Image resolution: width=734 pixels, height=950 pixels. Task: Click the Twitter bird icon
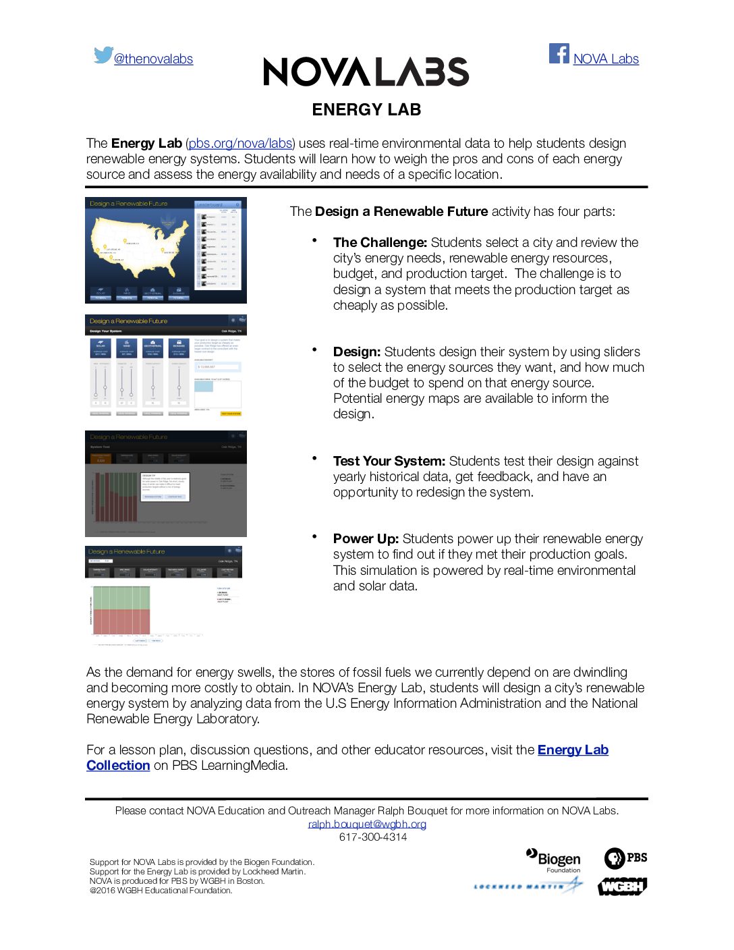[103, 55]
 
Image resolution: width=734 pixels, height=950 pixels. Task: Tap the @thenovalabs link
[153, 59]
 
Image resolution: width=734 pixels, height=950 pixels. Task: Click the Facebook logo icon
[559, 53]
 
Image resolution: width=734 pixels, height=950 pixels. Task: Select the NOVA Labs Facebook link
[606, 59]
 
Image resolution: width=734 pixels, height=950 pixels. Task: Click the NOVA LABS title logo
[366, 72]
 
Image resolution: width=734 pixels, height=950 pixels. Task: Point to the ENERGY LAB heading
[366, 110]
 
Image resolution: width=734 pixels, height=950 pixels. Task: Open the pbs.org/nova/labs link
[240, 144]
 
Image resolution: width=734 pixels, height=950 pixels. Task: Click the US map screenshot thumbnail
[166, 250]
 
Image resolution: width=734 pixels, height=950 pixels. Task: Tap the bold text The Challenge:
[380, 243]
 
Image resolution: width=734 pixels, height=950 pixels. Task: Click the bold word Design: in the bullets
[357, 352]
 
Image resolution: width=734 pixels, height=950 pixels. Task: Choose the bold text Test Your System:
[389, 462]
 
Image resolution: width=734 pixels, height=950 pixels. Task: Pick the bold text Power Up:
[366, 539]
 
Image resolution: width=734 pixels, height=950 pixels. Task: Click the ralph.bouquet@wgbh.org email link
[367, 824]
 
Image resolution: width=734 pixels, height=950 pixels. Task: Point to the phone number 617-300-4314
[372, 837]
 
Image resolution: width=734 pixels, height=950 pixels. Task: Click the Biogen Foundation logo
[555, 860]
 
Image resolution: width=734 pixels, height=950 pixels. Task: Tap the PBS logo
[625, 858]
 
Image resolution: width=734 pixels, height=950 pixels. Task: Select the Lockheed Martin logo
[528, 886]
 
